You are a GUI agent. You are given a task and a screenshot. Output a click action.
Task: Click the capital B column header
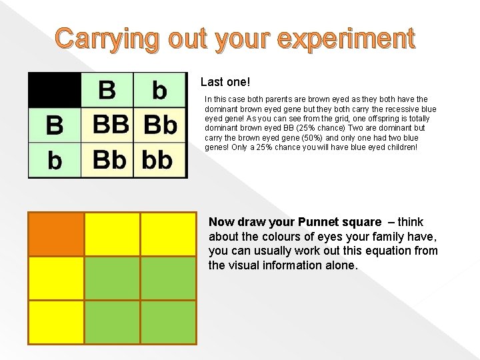[x=107, y=89]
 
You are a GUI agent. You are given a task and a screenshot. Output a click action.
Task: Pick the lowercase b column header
[x=159, y=89]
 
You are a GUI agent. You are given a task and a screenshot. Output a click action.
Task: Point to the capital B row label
[x=54, y=125]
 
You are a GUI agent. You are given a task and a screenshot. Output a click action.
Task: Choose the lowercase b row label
[x=54, y=160]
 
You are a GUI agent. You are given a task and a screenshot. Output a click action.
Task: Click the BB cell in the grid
[x=107, y=125]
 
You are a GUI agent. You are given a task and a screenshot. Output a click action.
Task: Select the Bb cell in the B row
[x=160, y=125]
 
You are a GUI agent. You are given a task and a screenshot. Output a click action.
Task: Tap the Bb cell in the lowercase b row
[x=107, y=160]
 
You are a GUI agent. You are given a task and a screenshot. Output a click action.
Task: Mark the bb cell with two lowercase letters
[x=159, y=160]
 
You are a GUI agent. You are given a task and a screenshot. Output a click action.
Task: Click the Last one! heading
[x=225, y=83]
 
